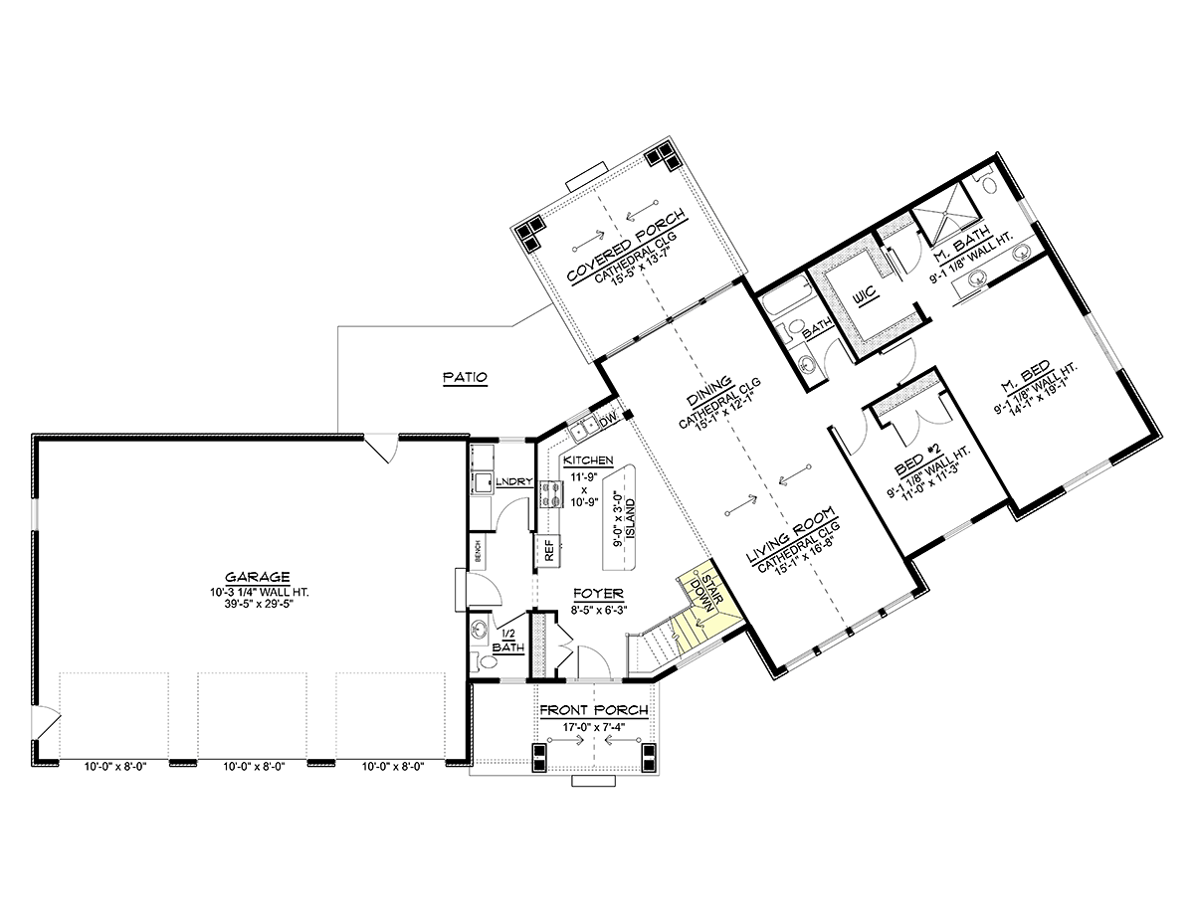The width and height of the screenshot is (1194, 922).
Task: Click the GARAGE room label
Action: coord(257,577)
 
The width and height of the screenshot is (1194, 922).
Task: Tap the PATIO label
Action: coord(465,377)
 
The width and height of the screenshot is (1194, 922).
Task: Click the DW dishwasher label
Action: coord(608,421)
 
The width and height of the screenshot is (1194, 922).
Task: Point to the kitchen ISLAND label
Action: coord(631,518)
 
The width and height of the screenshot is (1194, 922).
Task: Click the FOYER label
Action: coord(598,594)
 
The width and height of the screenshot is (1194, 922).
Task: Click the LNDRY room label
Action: coord(514,481)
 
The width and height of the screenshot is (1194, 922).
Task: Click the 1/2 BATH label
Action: coord(507,641)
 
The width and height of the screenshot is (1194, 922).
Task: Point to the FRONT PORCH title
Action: coord(593,710)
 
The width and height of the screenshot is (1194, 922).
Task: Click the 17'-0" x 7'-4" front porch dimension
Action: coord(593,727)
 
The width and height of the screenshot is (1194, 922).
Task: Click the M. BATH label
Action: coord(961,244)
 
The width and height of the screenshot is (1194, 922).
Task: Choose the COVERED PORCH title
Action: coord(627,246)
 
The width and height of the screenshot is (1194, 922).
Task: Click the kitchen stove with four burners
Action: coord(551,493)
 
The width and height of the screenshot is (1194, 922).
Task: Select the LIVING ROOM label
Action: coord(790,536)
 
